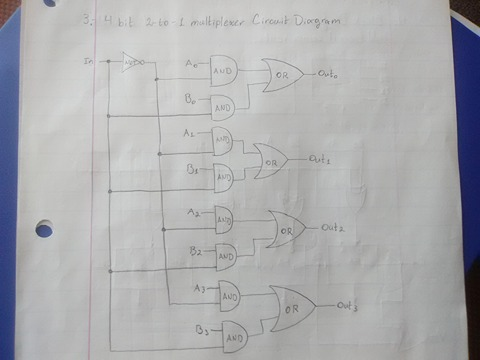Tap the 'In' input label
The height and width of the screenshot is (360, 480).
coord(91,62)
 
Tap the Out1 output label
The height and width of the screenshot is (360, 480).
coord(321,157)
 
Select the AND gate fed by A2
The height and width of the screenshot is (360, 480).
coord(223,217)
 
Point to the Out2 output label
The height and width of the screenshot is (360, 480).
coord(334,227)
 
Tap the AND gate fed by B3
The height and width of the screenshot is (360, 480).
coord(235,336)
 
